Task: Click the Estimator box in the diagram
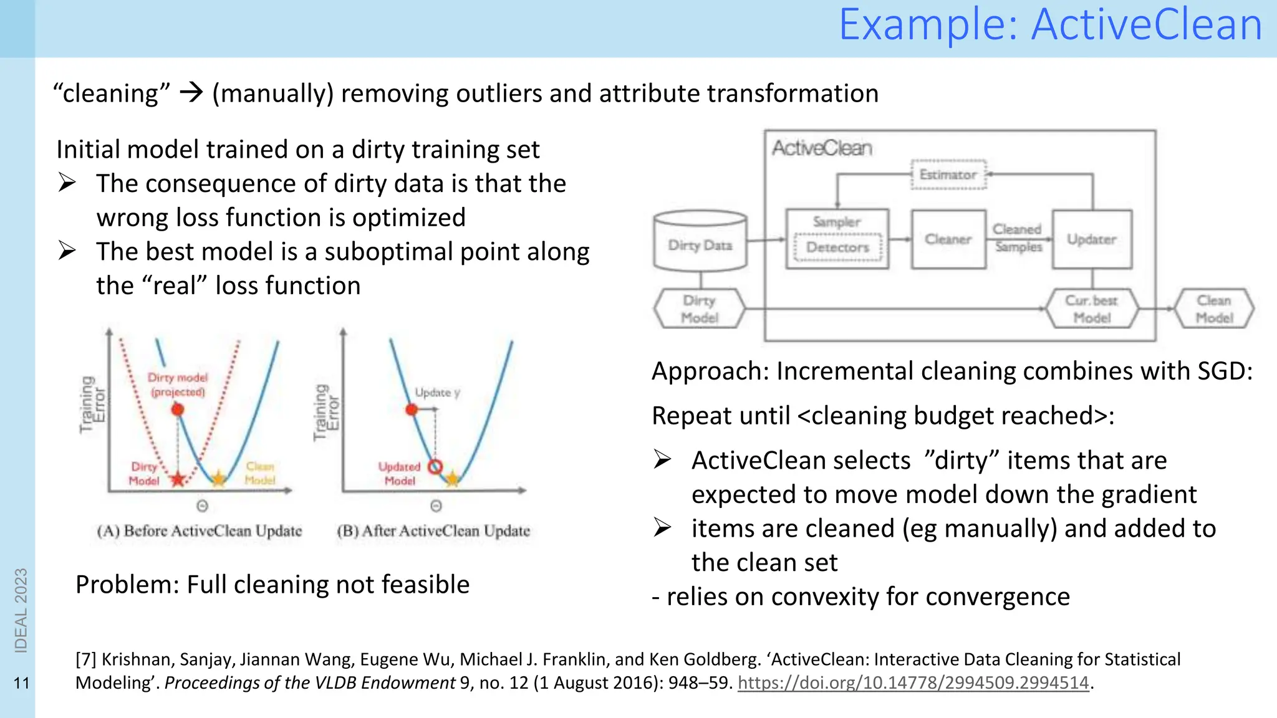coord(948,175)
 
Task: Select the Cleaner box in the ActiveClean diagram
coord(948,239)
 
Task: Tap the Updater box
coord(1091,239)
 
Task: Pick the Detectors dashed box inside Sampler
coord(837,247)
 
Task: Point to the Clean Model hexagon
coord(1213,309)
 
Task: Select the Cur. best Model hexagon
coord(1091,309)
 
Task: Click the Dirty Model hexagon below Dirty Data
coord(699,309)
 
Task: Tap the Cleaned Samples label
coord(1018,238)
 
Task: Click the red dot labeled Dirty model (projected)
coord(178,409)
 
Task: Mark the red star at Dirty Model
coord(178,479)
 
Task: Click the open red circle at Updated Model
coord(435,466)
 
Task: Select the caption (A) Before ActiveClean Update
coord(199,531)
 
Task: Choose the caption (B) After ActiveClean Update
coord(433,531)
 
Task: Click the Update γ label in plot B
coord(437,393)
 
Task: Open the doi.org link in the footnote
coord(913,683)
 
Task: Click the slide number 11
coord(21,683)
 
